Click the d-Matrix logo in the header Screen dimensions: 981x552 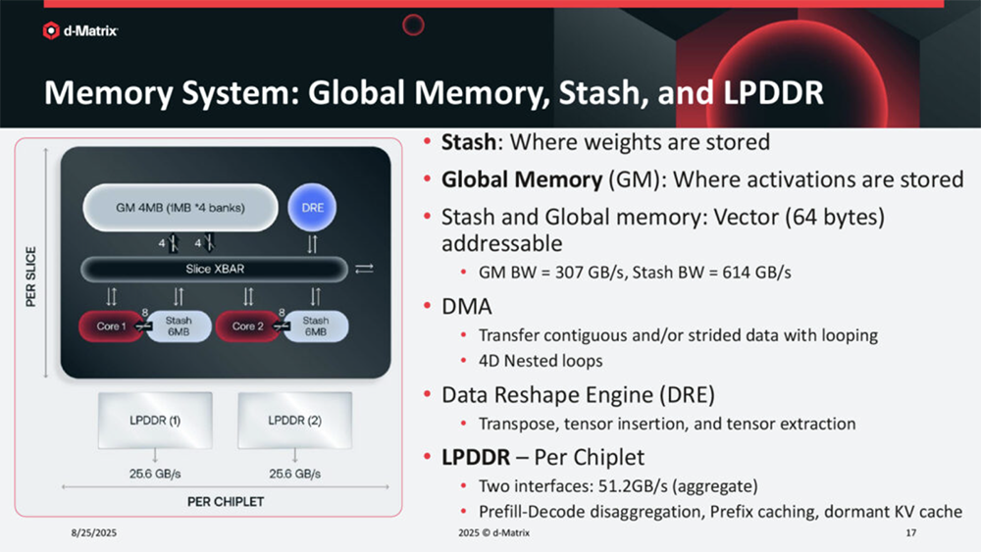[x=79, y=30]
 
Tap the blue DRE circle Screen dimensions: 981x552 [x=312, y=208]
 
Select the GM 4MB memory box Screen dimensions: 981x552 [x=181, y=208]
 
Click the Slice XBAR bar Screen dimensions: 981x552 [x=214, y=269]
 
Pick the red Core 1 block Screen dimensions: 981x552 [x=111, y=326]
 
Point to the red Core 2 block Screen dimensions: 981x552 [x=247, y=326]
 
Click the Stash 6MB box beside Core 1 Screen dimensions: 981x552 [x=179, y=326]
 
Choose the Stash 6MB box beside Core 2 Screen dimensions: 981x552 [x=315, y=326]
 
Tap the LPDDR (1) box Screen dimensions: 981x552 [x=155, y=420]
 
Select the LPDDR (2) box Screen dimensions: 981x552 [x=294, y=420]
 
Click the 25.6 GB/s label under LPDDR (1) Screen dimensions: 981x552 [x=155, y=474]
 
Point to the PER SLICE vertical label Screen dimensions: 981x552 [x=30, y=276]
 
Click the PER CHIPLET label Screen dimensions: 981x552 [x=226, y=502]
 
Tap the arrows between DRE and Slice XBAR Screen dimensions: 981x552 [x=312, y=244]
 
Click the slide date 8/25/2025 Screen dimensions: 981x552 [x=94, y=532]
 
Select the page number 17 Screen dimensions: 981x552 [x=911, y=532]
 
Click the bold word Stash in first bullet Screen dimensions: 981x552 [x=469, y=142]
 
